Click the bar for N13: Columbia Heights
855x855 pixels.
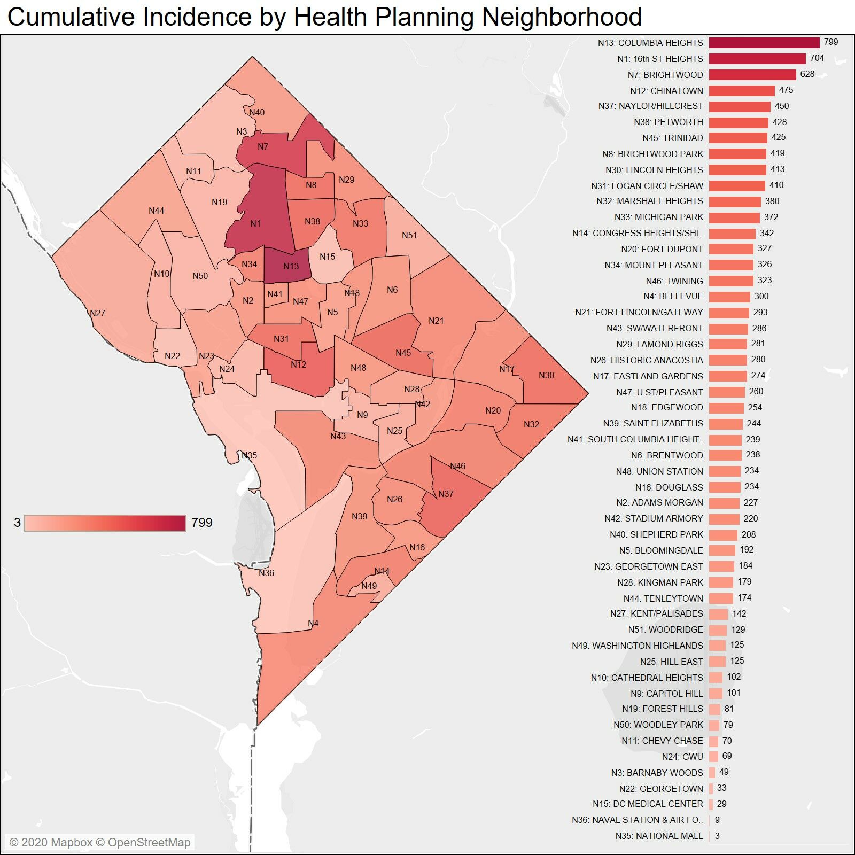(764, 43)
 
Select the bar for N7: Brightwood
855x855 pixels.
(752, 75)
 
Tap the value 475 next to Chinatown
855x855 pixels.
(786, 90)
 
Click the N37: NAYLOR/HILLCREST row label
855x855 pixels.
(650, 106)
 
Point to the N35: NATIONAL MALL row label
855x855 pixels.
(659, 836)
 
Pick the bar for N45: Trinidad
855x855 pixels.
(738, 138)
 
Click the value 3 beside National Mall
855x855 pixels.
(717, 836)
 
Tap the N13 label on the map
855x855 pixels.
(291, 266)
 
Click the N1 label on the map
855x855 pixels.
(255, 223)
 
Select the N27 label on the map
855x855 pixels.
(97, 313)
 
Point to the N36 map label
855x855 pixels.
(266, 573)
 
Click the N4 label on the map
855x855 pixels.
(313, 623)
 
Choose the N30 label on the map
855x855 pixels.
(546, 375)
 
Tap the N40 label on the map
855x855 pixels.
(256, 112)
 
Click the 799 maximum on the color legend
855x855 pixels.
(202, 523)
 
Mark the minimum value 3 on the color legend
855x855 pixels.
(17, 523)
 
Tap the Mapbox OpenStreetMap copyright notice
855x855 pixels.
(100, 842)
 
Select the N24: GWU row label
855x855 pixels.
(682, 757)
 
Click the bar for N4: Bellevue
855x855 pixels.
(729, 297)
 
